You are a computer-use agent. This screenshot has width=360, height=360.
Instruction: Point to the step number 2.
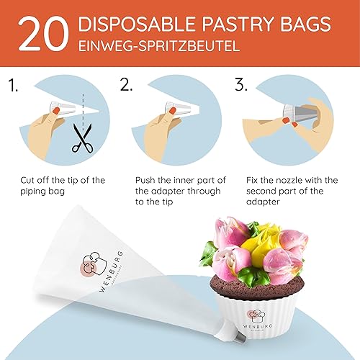[127, 86]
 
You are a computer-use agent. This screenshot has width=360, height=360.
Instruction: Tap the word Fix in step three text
[255, 179]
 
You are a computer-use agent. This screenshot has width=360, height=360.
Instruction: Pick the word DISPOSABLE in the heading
[130, 25]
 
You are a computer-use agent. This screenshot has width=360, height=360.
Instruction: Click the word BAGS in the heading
[313, 25]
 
